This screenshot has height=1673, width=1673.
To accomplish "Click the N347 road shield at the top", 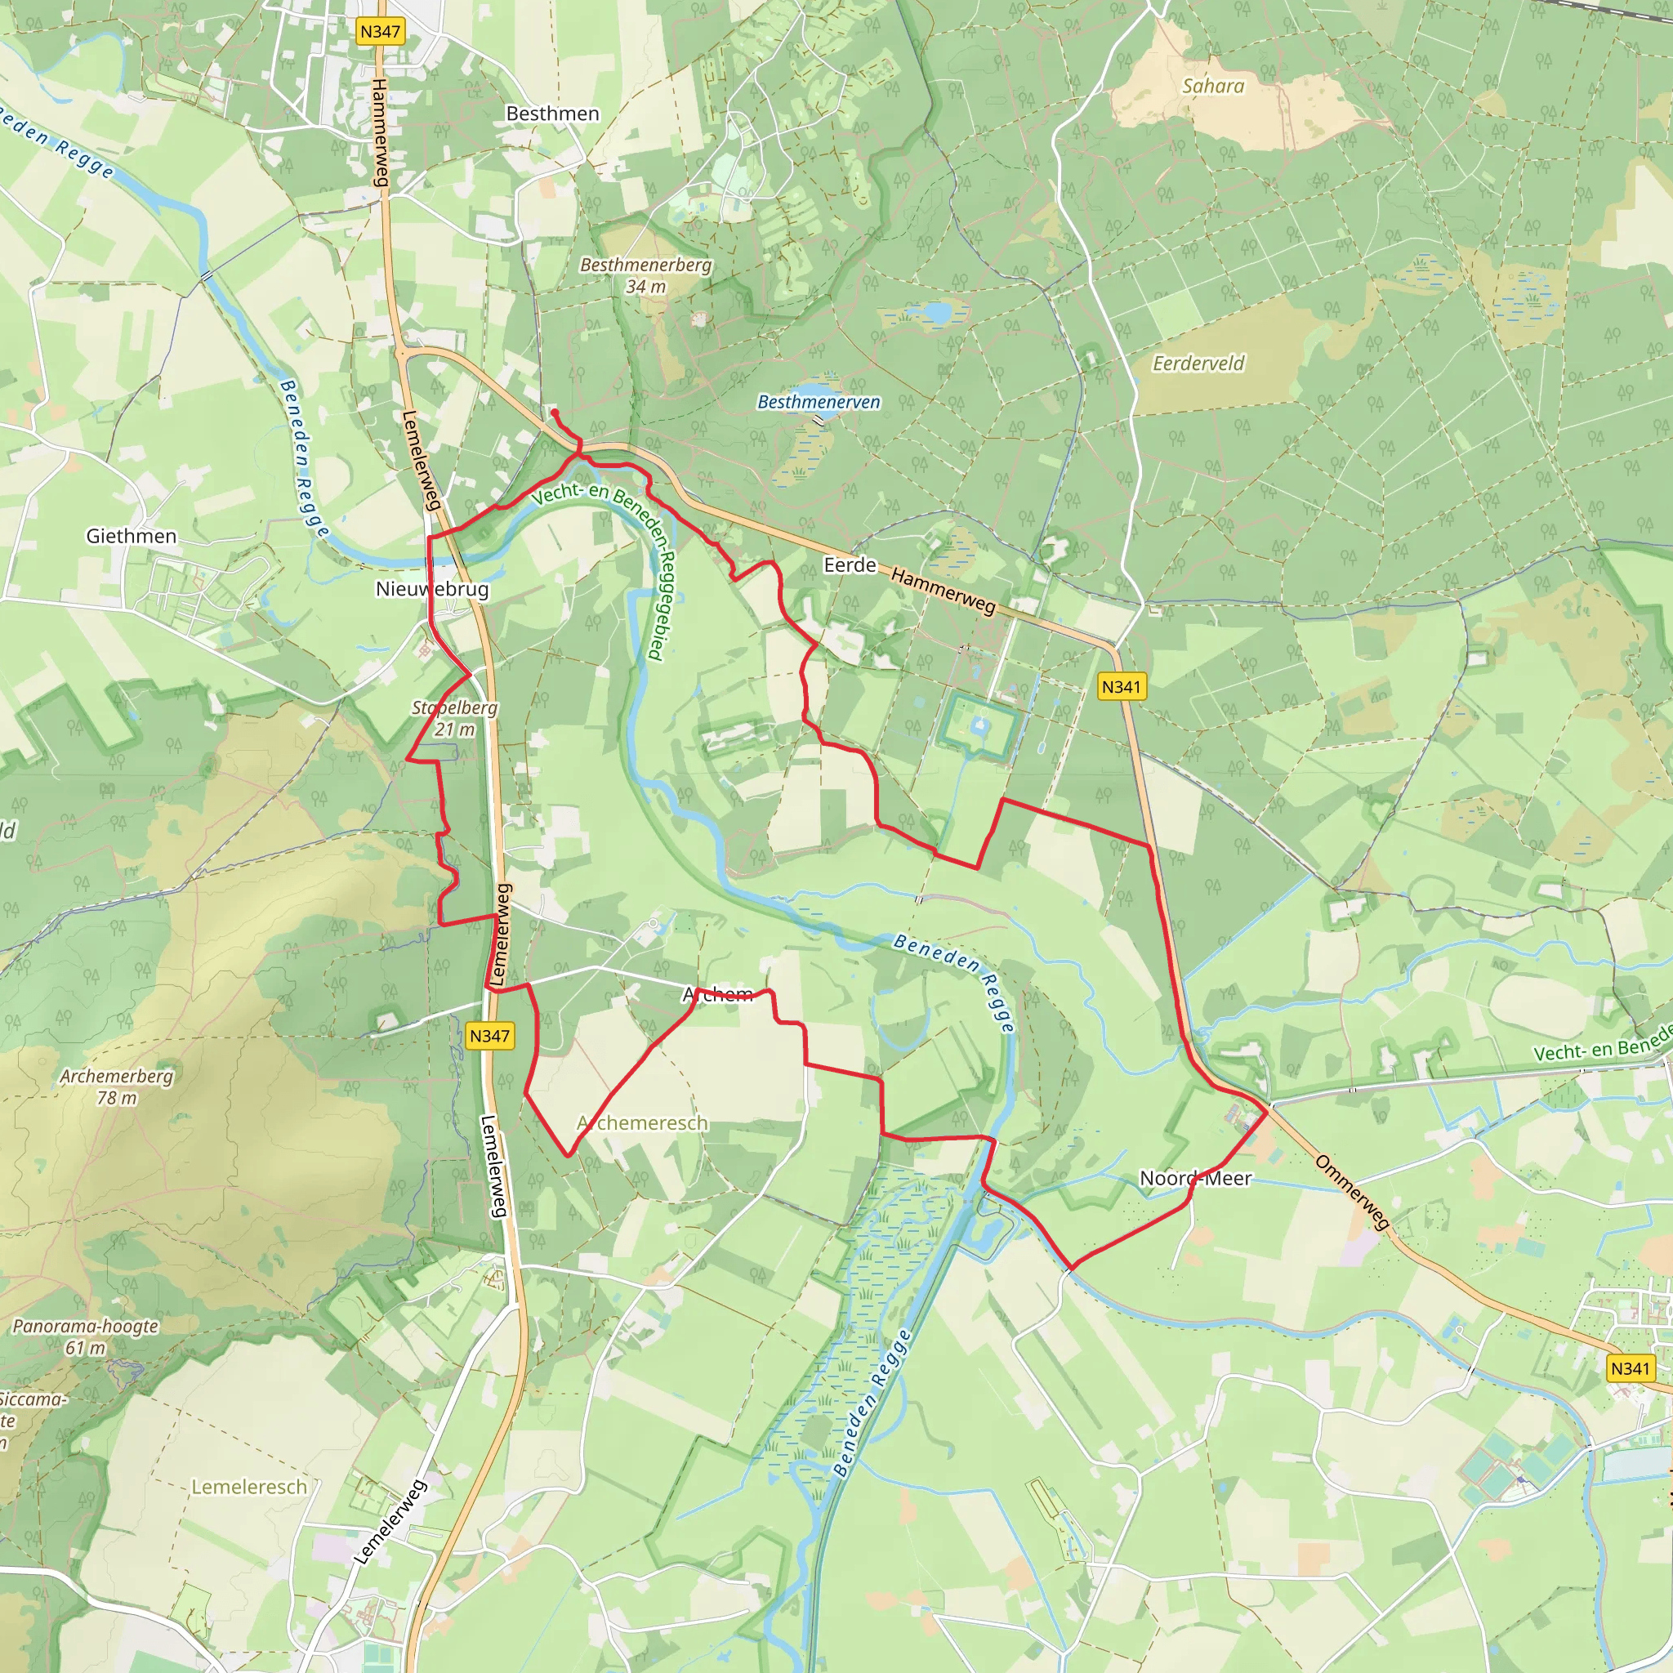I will (x=380, y=32).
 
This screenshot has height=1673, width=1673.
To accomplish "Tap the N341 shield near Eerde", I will (x=1122, y=687).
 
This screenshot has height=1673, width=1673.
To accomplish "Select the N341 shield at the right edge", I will (x=1631, y=1368).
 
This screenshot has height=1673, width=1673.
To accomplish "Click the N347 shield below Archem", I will (x=489, y=1036).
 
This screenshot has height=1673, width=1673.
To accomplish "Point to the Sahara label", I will (x=1213, y=86).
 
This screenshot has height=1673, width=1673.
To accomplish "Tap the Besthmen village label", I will (x=552, y=114).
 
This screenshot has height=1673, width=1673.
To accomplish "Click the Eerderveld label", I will (x=1198, y=364).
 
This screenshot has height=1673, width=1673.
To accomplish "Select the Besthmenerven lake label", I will (x=819, y=402).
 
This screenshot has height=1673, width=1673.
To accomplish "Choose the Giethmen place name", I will (x=132, y=536).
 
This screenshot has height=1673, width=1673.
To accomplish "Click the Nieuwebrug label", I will (x=432, y=590).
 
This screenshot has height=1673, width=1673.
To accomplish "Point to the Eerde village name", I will (x=850, y=565).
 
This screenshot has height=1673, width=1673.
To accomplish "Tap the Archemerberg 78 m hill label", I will (x=117, y=1086).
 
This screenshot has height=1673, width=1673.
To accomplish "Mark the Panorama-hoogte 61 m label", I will (x=86, y=1336).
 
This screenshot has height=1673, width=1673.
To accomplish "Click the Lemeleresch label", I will (x=249, y=1487).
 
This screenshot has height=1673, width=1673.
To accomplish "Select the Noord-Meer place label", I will (x=1195, y=1179).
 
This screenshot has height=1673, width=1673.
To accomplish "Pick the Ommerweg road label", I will (x=1352, y=1192).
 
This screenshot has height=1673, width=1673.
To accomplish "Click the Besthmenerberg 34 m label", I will (x=646, y=275).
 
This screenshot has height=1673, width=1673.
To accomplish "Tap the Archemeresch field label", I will (x=643, y=1123).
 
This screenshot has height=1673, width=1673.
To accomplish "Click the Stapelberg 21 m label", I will (x=455, y=719).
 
